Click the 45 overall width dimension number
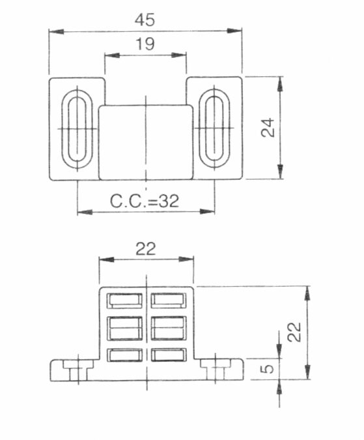click(145, 20)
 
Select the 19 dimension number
click(145, 44)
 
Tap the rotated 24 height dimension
click(268, 127)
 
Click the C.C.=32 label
click(145, 201)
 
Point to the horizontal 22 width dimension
click(145, 248)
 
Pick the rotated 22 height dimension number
click(294, 332)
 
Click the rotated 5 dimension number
click(268, 368)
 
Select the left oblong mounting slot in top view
click(77, 129)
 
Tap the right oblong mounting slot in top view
click(214, 128)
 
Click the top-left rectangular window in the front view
click(124, 301)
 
